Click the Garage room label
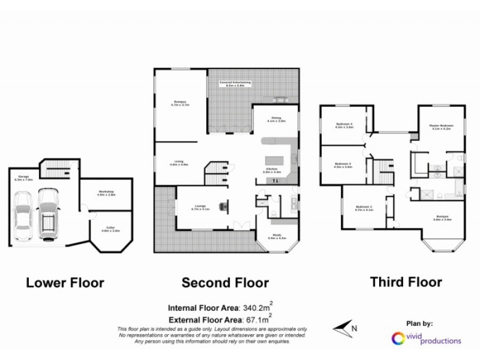pyautogui.click(x=24, y=178)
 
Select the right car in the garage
pyautogui.click(x=47, y=213)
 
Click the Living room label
pyautogui.click(x=179, y=163)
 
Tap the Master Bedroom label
pyautogui.click(x=441, y=127)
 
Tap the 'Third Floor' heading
pyautogui.click(x=406, y=281)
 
